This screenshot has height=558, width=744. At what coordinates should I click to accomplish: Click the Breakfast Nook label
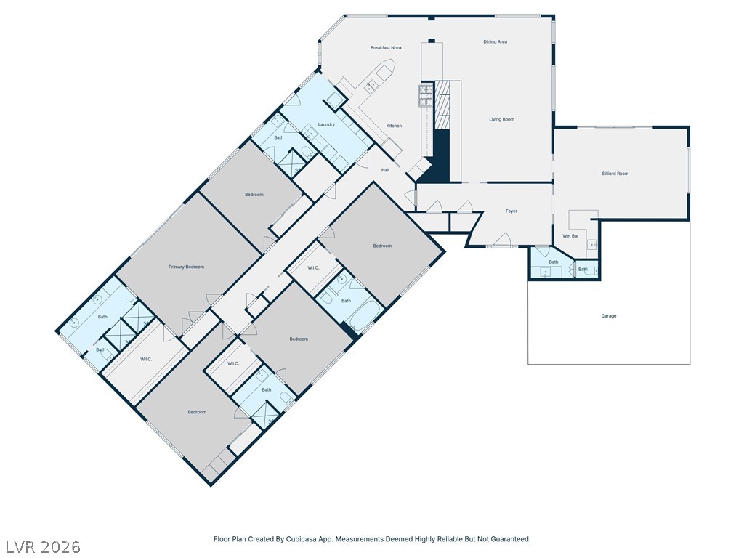pyautogui.click(x=387, y=48)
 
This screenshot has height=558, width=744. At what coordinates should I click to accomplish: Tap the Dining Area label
pyautogui.click(x=496, y=41)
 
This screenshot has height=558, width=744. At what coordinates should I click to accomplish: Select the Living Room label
pyautogui.click(x=501, y=120)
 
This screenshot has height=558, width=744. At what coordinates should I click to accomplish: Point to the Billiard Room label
pyautogui.click(x=615, y=174)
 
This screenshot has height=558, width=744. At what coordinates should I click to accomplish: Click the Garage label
pyautogui.click(x=609, y=316)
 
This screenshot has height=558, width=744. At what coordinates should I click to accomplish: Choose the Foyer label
pyautogui.click(x=511, y=211)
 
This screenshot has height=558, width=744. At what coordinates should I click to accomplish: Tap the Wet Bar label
pyautogui.click(x=570, y=236)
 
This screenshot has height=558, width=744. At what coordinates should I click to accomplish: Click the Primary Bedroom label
pyautogui.click(x=187, y=267)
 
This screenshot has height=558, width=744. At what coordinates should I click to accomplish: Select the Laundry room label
pyautogui.click(x=326, y=125)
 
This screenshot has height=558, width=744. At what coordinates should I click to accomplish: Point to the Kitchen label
pyautogui.click(x=394, y=126)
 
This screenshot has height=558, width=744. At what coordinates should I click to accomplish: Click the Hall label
pyautogui.click(x=385, y=170)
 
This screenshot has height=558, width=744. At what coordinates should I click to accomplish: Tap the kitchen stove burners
pyautogui.click(x=426, y=95)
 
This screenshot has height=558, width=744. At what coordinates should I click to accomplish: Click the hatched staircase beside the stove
pyautogui.click(x=442, y=105)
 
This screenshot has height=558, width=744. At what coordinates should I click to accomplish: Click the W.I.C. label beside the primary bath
pyautogui.click(x=146, y=360)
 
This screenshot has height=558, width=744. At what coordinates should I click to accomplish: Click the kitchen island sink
pyautogui.click(x=371, y=86)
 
